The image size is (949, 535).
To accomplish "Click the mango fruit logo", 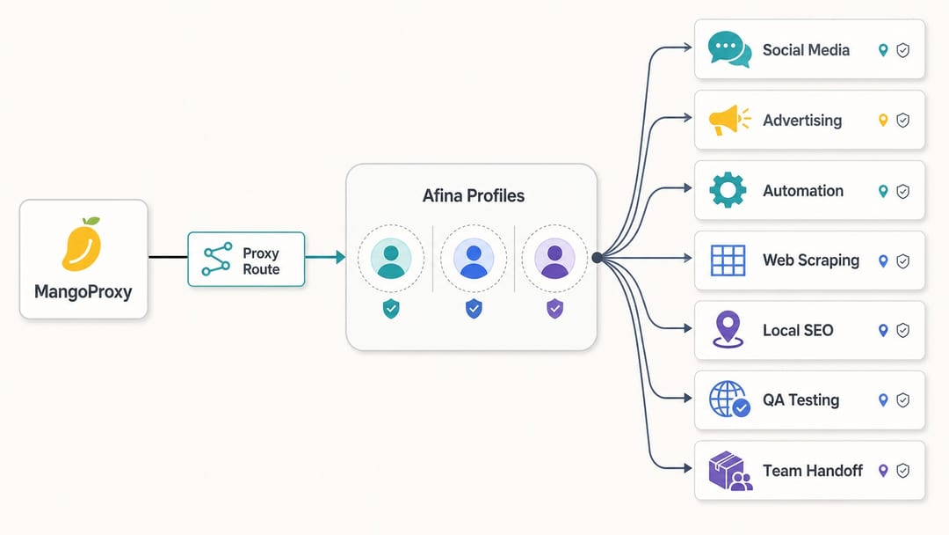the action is coord(82,244).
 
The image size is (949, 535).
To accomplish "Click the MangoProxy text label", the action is coord(83,292).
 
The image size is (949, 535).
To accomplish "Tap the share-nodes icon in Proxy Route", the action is coord(217,259).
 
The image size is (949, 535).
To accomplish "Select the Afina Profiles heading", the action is coord(474,195).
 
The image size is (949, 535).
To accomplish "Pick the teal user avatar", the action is coord(391,259).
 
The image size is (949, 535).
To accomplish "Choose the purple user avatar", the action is coord(554,259).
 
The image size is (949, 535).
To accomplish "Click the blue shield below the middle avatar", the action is coord(474,308).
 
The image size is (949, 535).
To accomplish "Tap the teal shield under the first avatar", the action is coord(391,308).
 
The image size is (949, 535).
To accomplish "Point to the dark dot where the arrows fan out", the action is coord(597,258).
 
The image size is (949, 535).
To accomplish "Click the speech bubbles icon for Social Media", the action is coord(729,49).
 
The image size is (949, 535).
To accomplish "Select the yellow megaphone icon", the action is coord(729,120).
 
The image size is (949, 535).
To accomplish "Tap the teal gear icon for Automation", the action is coord(728,190).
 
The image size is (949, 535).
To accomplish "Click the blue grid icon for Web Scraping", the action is coord(728,260).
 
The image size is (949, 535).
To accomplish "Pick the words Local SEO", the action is coord(798,330).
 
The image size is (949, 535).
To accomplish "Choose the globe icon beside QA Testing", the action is coord(729,399).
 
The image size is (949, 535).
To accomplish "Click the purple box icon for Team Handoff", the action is coord(730,470).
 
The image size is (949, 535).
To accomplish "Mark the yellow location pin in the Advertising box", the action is coord(883,120).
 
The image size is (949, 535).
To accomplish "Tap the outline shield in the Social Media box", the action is coord(902,50).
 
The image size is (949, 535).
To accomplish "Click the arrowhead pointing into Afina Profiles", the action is coord(341,257).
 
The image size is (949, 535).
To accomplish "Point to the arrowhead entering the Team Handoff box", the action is coord(687,468).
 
